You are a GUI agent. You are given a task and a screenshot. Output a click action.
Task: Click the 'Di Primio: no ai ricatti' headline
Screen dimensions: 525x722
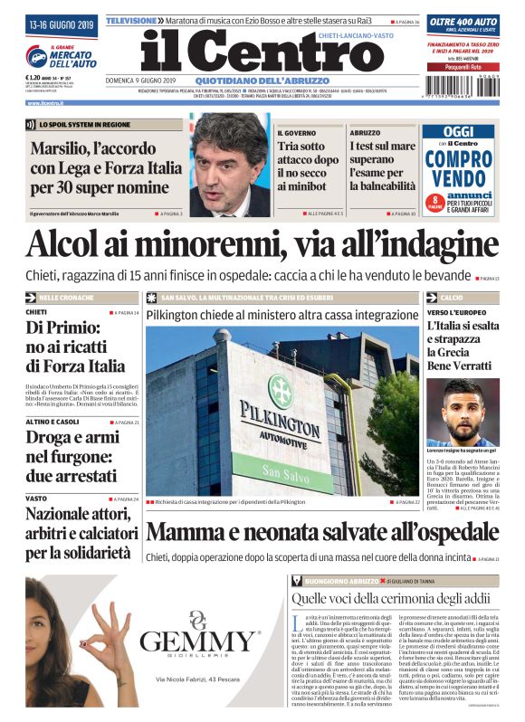click(76, 346)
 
